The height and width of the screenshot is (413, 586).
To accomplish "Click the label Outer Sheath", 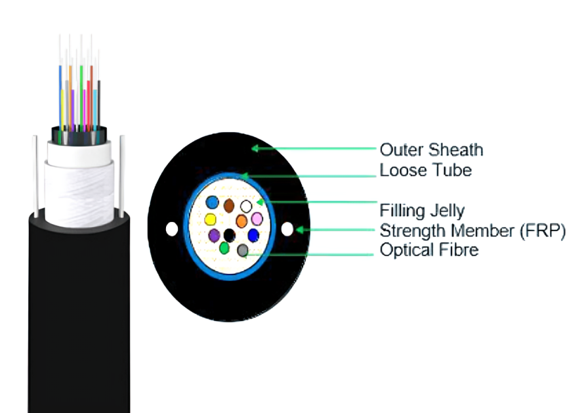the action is click(x=431, y=150).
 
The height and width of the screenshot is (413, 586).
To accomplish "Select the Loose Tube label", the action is click(x=426, y=170).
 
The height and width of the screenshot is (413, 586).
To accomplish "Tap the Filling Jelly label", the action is click(x=422, y=211).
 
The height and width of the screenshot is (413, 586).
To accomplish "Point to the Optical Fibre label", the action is click(x=429, y=250).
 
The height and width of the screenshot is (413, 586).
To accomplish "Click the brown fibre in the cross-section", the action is click(x=229, y=206).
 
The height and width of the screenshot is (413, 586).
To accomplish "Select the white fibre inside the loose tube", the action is click(x=246, y=206).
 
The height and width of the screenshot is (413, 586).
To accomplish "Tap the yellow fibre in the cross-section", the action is click(x=211, y=219).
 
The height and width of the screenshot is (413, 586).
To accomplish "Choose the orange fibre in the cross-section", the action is click(x=241, y=221).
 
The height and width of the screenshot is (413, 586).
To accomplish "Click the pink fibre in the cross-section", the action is click(x=257, y=219).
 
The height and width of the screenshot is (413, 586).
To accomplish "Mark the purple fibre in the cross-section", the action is click(x=214, y=236).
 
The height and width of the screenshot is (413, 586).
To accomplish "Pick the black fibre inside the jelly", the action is click(x=230, y=236).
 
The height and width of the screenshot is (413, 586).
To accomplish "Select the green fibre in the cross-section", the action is click(x=224, y=248).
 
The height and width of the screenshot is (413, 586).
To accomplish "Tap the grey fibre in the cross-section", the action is click(x=243, y=250).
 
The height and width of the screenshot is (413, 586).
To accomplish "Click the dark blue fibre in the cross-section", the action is click(x=253, y=235).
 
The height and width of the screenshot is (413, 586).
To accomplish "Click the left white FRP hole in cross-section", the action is click(x=172, y=229).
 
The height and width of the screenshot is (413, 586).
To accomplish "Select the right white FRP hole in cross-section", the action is click(x=287, y=229).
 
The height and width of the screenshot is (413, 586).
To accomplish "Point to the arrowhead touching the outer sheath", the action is click(x=255, y=148).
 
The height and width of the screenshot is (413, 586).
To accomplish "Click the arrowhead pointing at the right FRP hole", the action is click(x=300, y=230).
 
